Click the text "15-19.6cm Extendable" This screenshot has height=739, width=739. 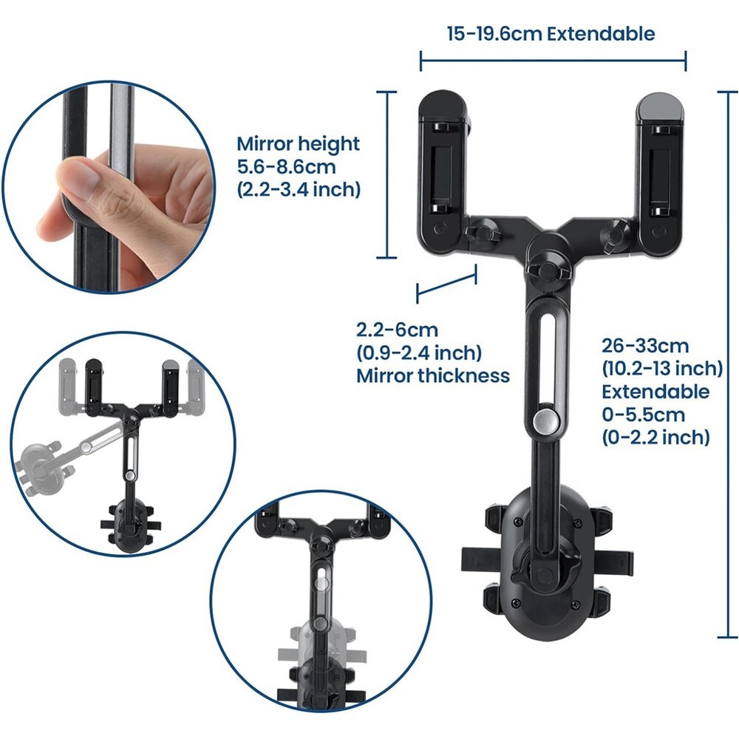point(551,34)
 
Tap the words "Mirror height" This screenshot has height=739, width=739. point(298,144)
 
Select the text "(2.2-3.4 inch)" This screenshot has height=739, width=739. point(299,189)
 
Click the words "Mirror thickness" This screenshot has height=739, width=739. point(432,375)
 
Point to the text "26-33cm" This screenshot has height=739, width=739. point(644,346)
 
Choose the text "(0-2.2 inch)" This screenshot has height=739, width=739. point(655,437)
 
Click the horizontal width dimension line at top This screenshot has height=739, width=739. point(553,61)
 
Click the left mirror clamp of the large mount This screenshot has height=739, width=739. point(443,173)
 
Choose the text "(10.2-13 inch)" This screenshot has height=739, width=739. point(661,368)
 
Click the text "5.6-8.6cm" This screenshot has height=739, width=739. point(286,167)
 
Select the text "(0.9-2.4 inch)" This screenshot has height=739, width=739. point(419,353)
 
